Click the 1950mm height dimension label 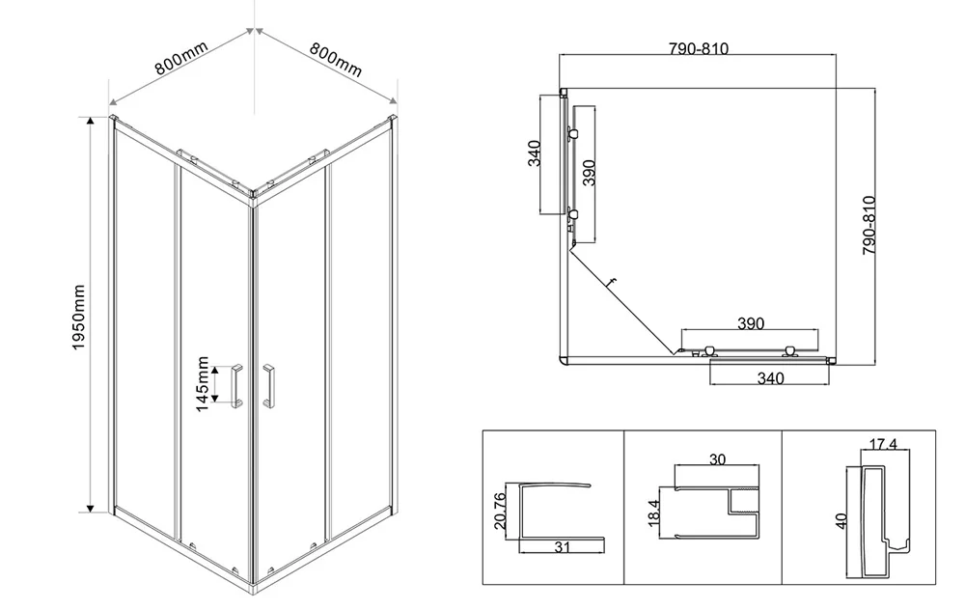[x=79, y=318]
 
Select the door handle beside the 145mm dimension [x=236, y=386]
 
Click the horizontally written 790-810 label [x=699, y=48]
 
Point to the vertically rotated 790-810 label [x=868, y=225]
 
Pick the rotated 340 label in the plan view [x=534, y=153]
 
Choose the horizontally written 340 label [x=770, y=378]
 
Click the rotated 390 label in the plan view [x=589, y=173]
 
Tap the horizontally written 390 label [x=750, y=323]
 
